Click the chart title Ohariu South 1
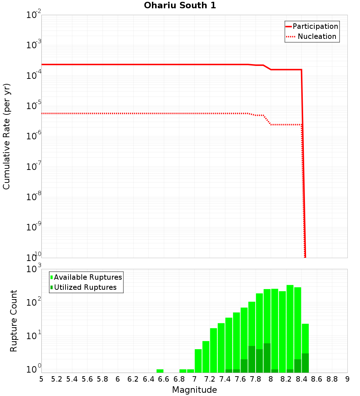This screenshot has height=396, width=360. (180, 5)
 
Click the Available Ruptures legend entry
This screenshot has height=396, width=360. (88, 277)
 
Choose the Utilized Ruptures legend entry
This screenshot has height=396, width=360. (85, 287)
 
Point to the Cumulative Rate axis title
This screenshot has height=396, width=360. (6, 136)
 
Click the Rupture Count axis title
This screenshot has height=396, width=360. (14, 320)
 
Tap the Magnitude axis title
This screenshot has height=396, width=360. (194, 390)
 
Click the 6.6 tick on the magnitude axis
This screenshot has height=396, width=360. (163, 379)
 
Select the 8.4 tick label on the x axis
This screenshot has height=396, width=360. (301, 379)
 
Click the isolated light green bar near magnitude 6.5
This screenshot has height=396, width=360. (160, 371)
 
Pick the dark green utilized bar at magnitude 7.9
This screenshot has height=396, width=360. (267, 358)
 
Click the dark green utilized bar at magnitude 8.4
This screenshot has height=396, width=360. (305, 363)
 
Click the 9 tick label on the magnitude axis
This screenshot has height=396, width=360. (347, 379)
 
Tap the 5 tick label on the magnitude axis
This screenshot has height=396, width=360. (41, 379)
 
